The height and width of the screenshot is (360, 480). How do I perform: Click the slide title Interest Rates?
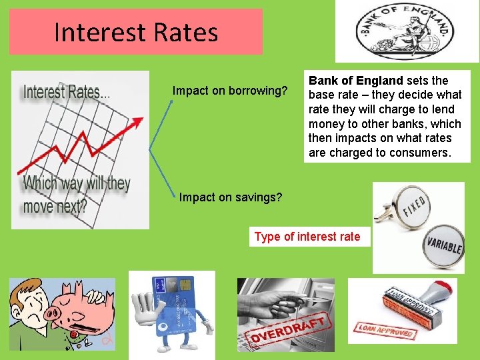tap(136, 32)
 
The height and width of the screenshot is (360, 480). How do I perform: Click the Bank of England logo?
tap(407, 31)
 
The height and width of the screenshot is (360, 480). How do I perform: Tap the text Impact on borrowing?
tap(230, 90)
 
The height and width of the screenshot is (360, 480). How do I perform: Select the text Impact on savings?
tap(231, 197)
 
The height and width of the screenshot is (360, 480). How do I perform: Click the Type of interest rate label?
tap(307, 237)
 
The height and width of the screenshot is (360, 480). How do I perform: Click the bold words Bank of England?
tap(355, 81)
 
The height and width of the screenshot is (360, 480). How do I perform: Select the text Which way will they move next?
tap(76, 194)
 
